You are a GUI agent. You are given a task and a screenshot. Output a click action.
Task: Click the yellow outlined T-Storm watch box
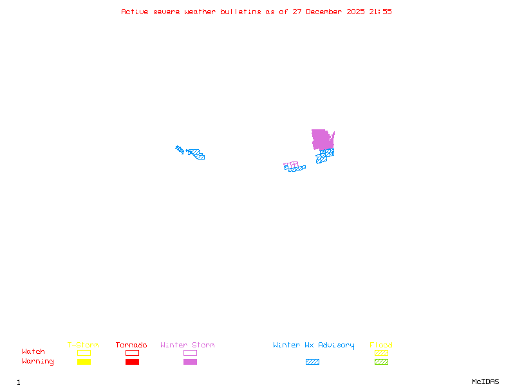tap(84, 353)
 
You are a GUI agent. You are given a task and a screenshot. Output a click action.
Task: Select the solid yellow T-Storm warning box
tap(84, 362)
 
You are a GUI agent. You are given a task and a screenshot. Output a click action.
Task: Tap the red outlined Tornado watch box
tap(132, 353)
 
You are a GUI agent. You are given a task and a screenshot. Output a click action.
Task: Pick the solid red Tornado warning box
tap(132, 362)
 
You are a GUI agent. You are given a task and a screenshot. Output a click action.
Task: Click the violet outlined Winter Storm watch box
tap(190, 353)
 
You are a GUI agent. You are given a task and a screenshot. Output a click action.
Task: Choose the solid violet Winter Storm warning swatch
tap(190, 362)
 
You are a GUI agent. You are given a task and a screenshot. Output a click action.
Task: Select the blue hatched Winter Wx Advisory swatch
tap(312, 362)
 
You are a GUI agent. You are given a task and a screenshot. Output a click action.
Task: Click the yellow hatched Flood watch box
tap(381, 353)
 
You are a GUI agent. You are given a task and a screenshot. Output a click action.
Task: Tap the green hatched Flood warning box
tap(381, 362)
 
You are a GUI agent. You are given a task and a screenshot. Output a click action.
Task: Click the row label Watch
tap(33, 352)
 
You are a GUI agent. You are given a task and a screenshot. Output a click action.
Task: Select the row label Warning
tap(37, 362)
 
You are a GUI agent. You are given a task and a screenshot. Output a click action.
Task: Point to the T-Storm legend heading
tap(83, 345)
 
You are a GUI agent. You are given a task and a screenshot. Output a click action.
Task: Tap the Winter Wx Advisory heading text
tap(314, 345)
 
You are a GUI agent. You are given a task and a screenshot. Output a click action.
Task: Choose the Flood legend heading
tap(381, 345)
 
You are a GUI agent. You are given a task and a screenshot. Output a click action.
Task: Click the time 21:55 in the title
tap(380, 12)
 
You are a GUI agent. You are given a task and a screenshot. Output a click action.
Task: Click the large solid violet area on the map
tap(321, 139)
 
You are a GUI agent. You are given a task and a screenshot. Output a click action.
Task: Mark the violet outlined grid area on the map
tap(291, 165)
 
